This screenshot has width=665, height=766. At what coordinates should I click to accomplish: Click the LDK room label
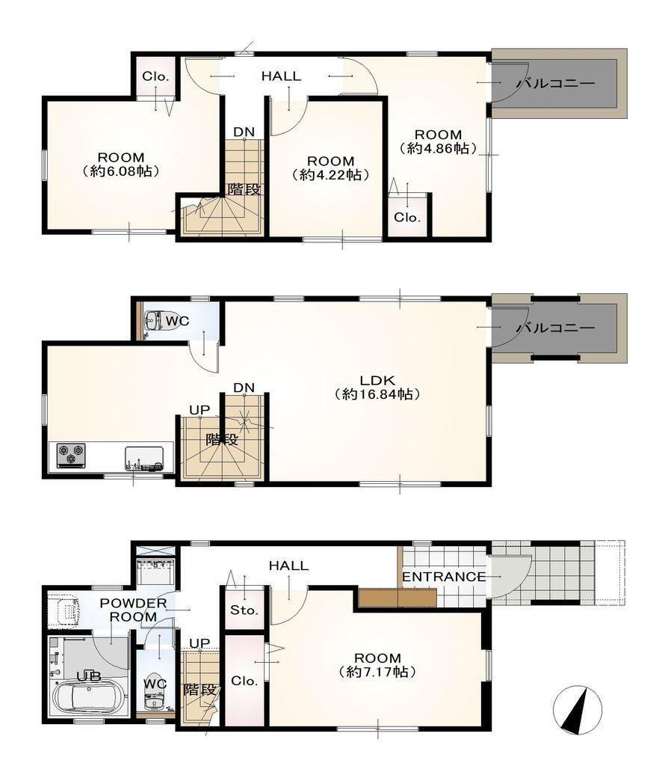[377, 379]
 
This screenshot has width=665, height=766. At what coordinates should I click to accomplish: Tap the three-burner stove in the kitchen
[71, 456]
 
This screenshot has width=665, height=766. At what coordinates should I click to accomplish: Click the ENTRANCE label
[444, 577]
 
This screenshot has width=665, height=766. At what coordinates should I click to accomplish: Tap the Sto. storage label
[244, 610]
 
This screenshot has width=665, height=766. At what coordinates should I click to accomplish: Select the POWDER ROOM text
[133, 610]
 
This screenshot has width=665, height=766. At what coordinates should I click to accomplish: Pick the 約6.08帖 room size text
[121, 171]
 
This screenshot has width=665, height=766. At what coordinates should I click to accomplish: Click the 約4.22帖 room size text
[330, 174]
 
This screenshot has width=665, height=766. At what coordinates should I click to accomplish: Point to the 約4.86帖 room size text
[438, 148]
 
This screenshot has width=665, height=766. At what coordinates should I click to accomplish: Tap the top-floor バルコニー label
[556, 84]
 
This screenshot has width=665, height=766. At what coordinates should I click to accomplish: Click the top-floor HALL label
[281, 76]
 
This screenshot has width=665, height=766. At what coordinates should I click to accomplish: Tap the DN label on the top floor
[244, 132]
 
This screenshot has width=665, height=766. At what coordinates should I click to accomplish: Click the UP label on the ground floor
[199, 643]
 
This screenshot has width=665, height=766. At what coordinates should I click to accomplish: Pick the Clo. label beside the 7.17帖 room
[244, 681]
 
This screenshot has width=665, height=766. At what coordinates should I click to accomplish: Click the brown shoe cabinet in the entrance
[397, 598]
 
